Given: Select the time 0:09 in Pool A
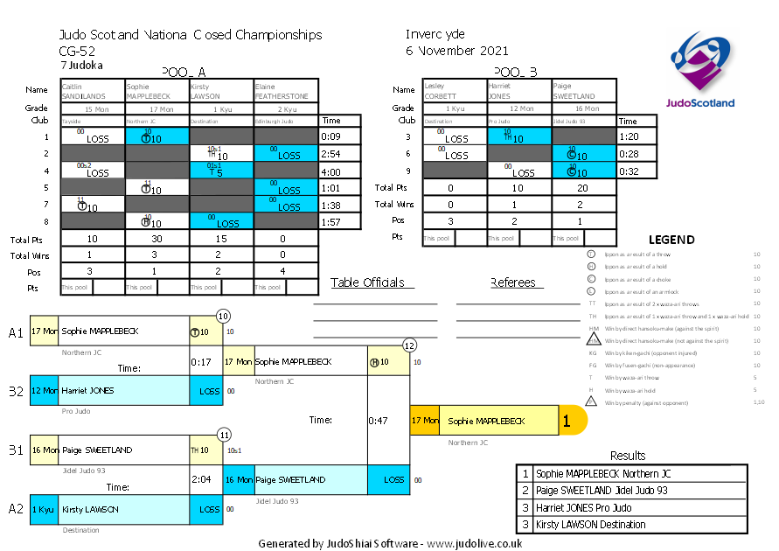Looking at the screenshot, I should [x=330, y=136].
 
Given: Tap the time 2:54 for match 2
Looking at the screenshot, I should [x=330, y=154].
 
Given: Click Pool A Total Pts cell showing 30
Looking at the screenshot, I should [x=156, y=239].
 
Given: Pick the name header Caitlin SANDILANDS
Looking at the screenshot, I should [x=92, y=91].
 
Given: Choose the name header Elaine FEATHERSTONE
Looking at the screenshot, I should [x=286, y=91].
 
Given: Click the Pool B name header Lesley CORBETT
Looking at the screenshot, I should [x=454, y=91].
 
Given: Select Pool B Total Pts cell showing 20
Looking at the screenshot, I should [x=583, y=187].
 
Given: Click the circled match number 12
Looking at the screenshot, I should [x=409, y=345].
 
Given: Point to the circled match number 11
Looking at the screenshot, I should [x=225, y=434].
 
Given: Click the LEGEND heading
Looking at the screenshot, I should [x=671, y=240].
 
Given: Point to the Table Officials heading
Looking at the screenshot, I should [x=367, y=282].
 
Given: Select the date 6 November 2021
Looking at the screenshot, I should [x=456, y=51].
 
